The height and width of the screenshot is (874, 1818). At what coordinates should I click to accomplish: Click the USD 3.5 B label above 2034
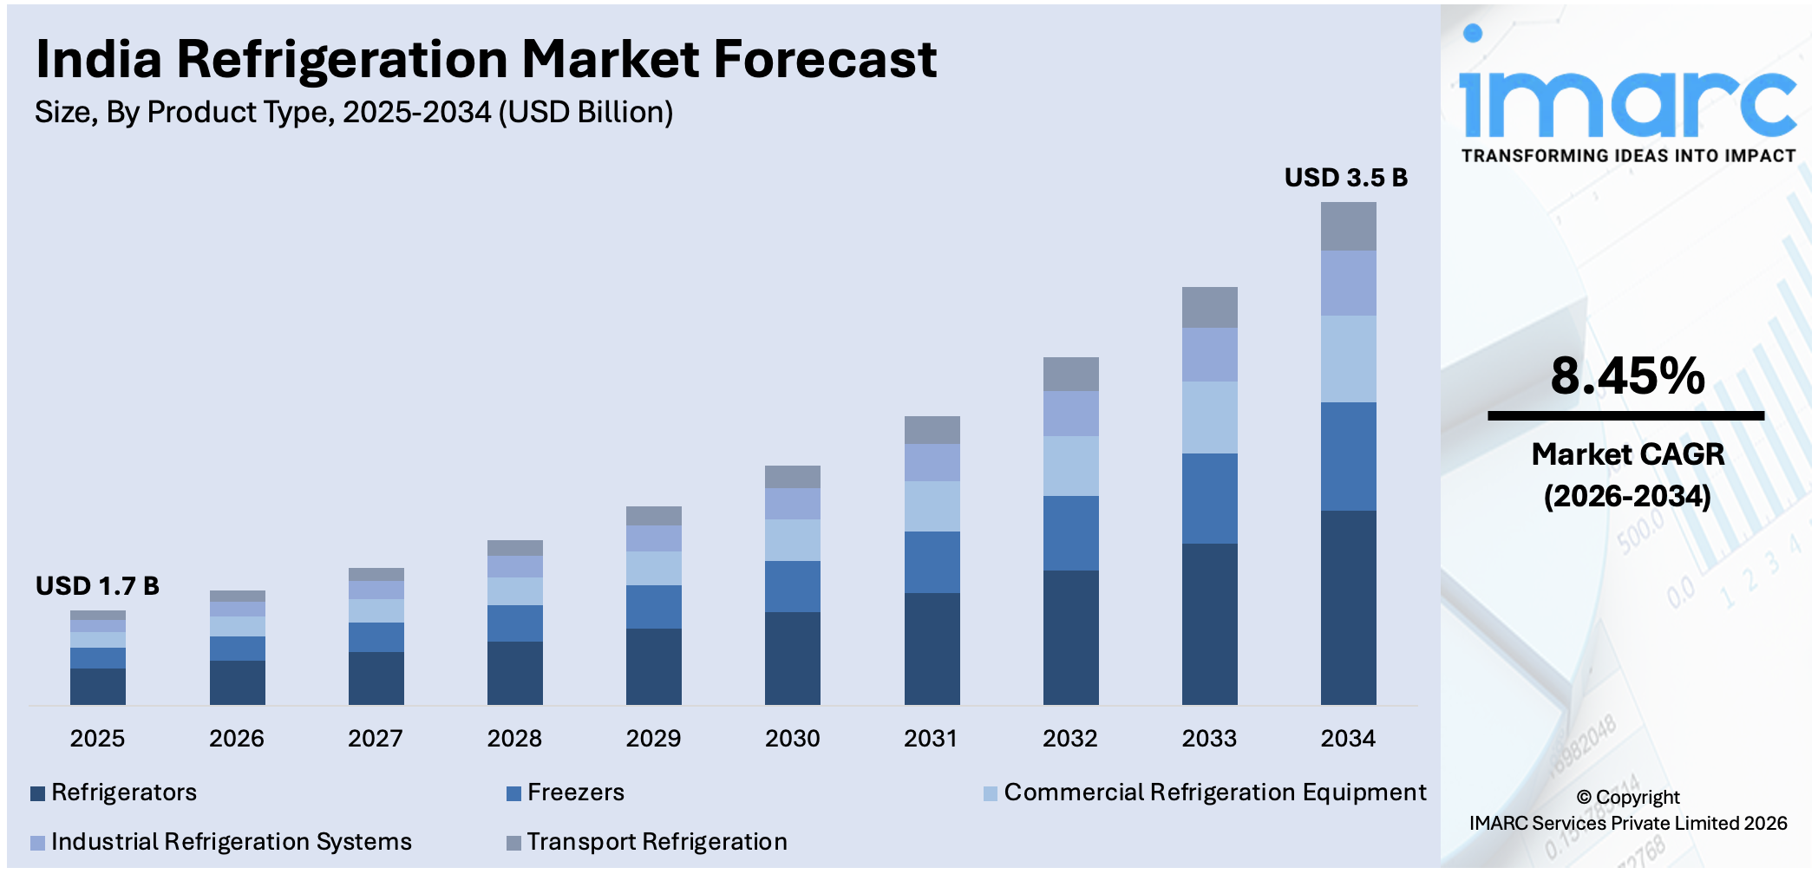[x=1345, y=178]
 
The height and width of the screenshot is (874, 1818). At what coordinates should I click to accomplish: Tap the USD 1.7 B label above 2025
[x=97, y=586]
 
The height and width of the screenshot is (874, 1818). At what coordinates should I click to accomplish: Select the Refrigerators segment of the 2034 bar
[x=1348, y=607]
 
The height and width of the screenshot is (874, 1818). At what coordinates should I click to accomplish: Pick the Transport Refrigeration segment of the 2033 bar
[x=1209, y=307]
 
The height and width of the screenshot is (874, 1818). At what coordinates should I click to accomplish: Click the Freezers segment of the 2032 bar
[x=1070, y=532]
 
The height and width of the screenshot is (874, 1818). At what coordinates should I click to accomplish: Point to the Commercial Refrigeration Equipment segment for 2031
[x=932, y=505]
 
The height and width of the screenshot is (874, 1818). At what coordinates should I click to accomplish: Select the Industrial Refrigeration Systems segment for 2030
[x=792, y=503]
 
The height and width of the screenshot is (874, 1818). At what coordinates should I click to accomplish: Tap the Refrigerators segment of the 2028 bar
[x=514, y=672]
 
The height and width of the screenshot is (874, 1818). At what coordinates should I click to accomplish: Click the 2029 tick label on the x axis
[x=653, y=739]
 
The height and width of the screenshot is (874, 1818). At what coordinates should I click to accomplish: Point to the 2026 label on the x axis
[x=236, y=739]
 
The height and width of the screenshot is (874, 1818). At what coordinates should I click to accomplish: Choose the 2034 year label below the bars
[x=1348, y=739]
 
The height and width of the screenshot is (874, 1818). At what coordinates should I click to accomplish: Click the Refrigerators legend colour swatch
[x=37, y=793]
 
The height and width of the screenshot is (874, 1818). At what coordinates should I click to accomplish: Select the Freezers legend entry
[x=575, y=792]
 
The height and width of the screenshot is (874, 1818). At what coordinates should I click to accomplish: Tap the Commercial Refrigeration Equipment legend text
[x=1214, y=792]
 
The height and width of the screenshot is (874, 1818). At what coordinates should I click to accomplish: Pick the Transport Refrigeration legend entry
[x=657, y=842]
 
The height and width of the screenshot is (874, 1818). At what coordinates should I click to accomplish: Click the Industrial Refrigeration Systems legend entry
[x=231, y=842]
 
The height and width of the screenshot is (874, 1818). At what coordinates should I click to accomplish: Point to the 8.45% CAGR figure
[x=1627, y=376]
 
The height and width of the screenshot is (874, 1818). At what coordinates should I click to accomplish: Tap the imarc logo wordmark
[x=1627, y=100]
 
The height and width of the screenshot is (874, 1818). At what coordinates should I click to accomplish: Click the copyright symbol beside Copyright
[x=1584, y=798]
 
